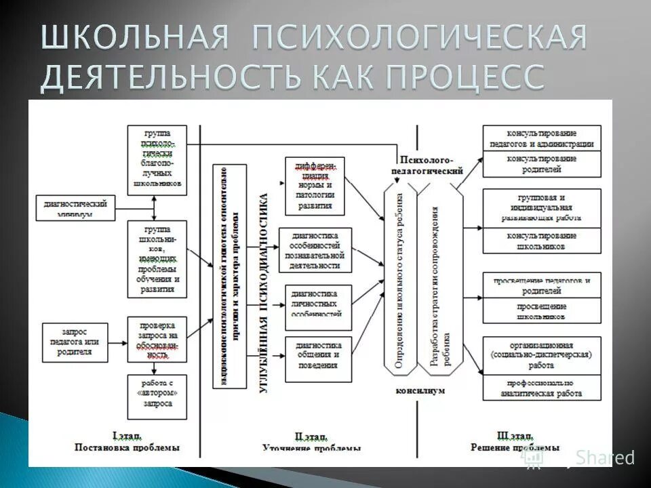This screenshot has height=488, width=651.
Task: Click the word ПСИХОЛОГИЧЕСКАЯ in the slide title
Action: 419,39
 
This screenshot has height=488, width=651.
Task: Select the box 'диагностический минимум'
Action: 76,207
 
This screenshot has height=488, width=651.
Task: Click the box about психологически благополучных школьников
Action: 157,160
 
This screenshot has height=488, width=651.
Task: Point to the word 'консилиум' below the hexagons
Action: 420,391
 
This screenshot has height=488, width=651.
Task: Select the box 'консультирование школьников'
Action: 541,241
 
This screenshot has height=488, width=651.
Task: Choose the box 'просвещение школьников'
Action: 541,312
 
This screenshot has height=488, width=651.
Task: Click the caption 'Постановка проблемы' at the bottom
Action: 127,447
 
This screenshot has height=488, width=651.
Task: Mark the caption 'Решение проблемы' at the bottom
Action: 514,447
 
